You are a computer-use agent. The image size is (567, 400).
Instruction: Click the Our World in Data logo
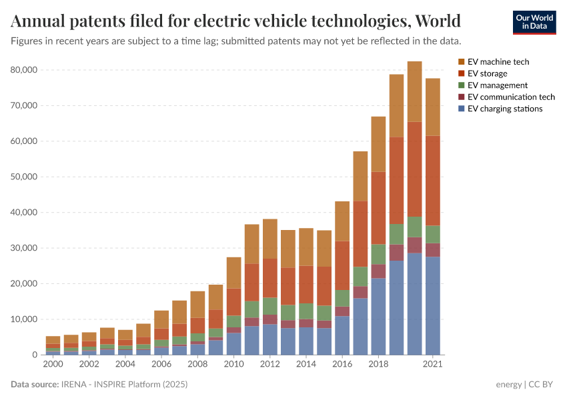tap(534, 22)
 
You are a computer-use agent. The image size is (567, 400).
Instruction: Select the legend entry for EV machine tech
tap(498, 62)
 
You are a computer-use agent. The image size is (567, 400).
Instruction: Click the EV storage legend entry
tap(487, 73)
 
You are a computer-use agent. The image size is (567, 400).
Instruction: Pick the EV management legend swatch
tap(461, 85)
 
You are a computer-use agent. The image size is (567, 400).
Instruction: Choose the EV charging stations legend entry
tap(505, 109)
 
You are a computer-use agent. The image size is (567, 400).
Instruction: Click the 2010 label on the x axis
tap(234, 365)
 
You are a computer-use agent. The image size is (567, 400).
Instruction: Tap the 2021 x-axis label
tap(433, 365)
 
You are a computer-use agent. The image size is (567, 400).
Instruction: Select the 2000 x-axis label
tap(53, 365)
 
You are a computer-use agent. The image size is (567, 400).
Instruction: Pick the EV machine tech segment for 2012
tap(270, 239)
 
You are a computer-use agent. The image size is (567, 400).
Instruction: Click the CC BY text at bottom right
tap(543, 385)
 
